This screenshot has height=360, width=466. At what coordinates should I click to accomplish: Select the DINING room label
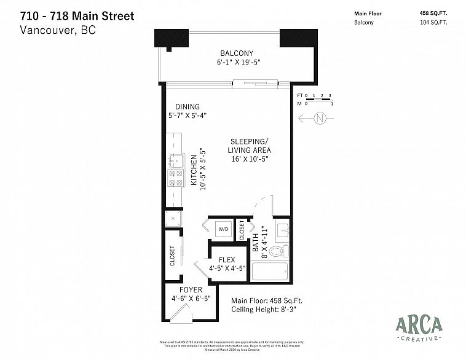point(187,106)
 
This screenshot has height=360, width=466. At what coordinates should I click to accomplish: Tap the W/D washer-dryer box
point(223,229)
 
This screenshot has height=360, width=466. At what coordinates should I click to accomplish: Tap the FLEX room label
point(227,259)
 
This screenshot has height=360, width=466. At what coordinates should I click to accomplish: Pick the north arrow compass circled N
point(318,119)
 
